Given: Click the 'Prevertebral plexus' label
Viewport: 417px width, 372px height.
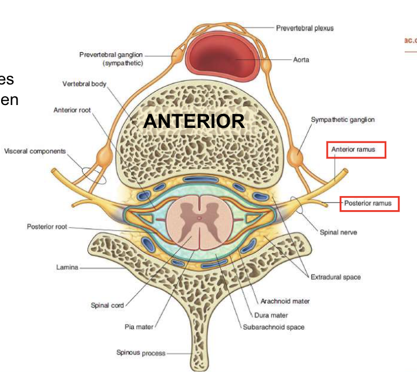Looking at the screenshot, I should coord(305,28).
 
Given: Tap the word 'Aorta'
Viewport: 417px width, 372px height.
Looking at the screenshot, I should coord(301,60).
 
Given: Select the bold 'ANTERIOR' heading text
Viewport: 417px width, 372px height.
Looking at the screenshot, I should coord(194,121).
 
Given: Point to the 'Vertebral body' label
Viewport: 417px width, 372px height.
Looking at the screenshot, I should coord(85,84).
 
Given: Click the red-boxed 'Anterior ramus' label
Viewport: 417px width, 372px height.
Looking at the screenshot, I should coord(357,150).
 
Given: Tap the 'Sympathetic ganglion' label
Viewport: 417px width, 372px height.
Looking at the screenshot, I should coord(342,120).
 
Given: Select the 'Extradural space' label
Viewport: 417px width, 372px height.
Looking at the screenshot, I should coord(335,277).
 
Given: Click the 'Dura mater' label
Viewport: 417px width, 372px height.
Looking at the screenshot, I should coord(271,315).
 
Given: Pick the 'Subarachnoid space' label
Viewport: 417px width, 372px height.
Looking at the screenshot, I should coord(274,327).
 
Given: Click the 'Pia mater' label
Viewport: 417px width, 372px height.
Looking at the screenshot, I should coord(139,327).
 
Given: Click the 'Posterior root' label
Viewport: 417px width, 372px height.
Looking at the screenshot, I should coord(48,226).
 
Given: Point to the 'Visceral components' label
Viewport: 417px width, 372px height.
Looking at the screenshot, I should coord(35,151).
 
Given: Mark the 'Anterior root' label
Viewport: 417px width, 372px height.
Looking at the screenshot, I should coord(72,110).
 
